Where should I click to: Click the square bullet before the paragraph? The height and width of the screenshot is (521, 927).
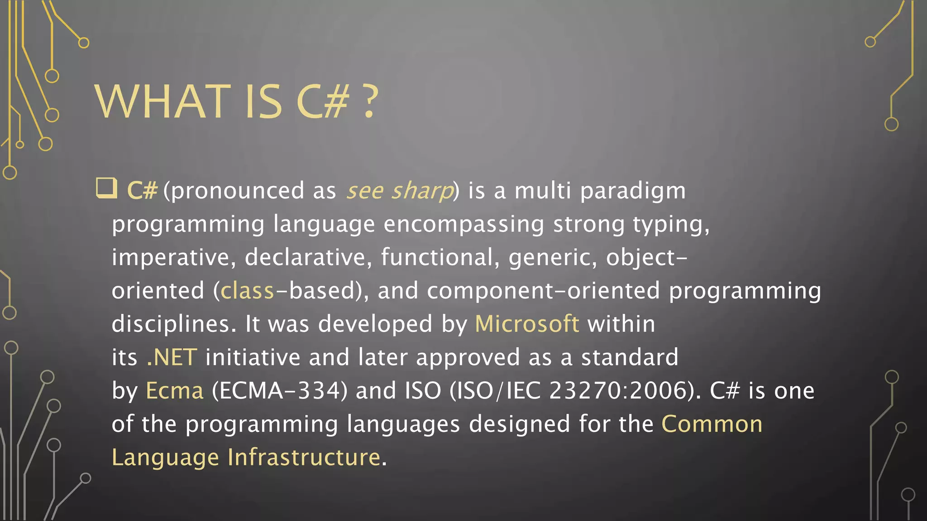click(x=106, y=188)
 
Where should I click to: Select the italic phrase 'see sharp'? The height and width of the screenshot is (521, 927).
click(x=400, y=190)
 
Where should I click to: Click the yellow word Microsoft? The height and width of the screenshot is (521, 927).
click(x=527, y=324)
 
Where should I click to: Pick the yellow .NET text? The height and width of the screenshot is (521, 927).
click(x=172, y=357)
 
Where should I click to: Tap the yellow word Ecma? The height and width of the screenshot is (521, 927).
click(x=174, y=391)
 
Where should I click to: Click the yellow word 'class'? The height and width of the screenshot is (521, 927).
click(x=247, y=291)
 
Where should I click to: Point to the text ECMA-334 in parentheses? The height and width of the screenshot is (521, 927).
click(x=279, y=391)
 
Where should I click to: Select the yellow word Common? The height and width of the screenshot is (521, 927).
click(x=712, y=424)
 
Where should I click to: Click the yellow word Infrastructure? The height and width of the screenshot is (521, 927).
click(x=304, y=457)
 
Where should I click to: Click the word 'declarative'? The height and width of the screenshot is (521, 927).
click(x=305, y=257)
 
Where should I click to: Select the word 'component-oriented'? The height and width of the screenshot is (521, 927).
click(x=543, y=291)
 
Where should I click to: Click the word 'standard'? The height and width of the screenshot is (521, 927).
click(x=630, y=357)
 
